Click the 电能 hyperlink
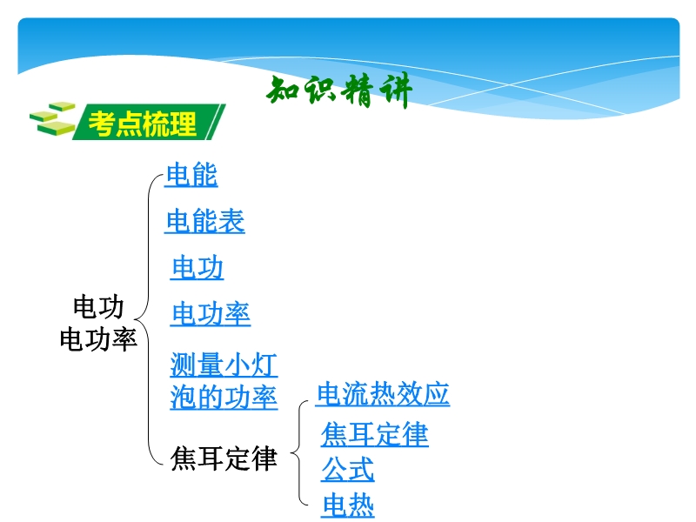click(191, 175)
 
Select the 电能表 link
click(204, 221)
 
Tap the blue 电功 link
click(197, 267)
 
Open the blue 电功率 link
click(211, 314)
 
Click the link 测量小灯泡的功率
click(224, 381)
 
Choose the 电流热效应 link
click(383, 394)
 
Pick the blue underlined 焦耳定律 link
click(375, 434)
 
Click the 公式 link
click(347, 470)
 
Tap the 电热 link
click(347, 505)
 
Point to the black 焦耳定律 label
click(224, 458)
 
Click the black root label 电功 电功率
click(98, 323)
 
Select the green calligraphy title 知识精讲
click(339, 91)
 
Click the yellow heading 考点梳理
click(142, 124)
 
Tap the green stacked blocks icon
click(52, 118)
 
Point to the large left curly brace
click(148, 319)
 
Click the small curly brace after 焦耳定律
click(299, 453)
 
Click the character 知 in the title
click(284, 90)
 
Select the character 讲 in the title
click(396, 91)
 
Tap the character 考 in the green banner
click(102, 124)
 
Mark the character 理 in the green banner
click(183, 124)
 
